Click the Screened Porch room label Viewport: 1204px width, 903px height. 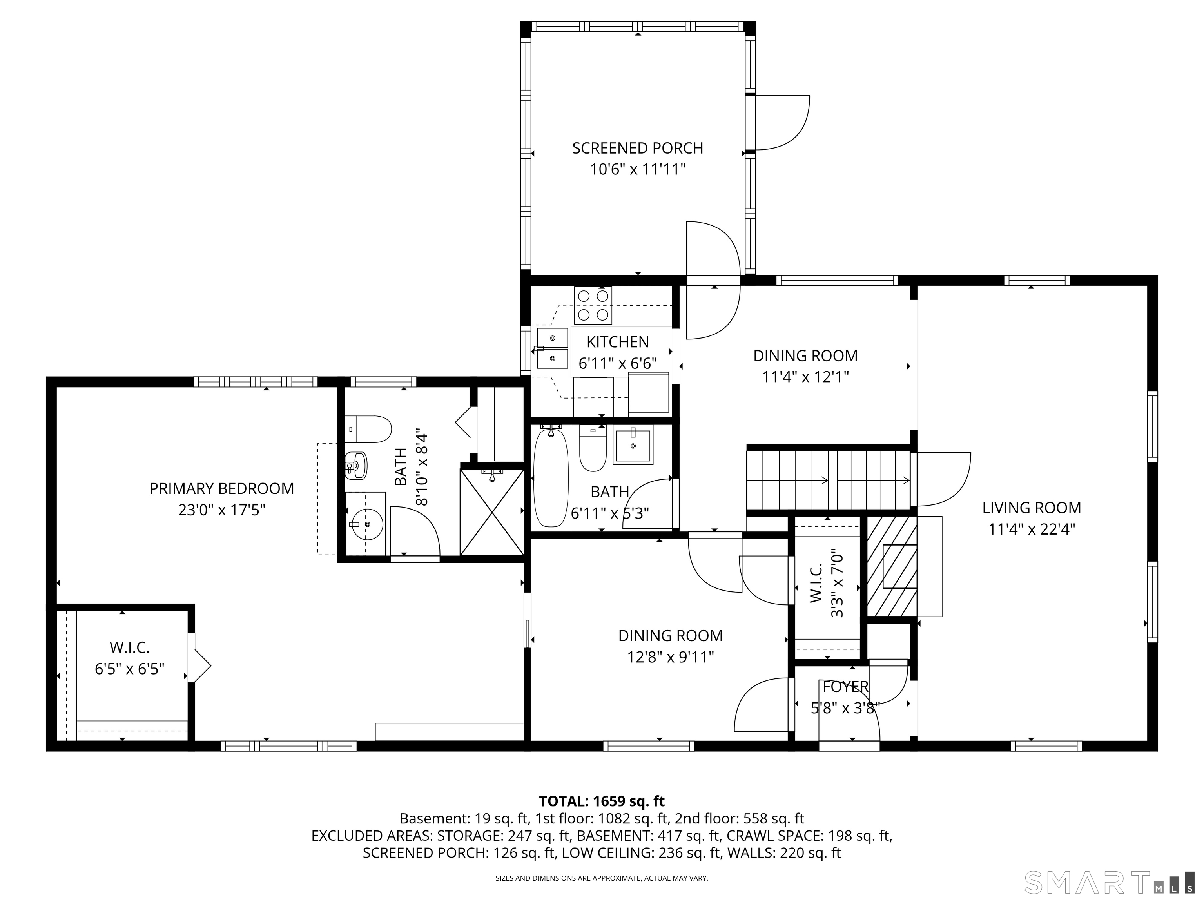pyautogui.click(x=637, y=148)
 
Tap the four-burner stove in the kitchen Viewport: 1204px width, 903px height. pyautogui.click(x=593, y=305)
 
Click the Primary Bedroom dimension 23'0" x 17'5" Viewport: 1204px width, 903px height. pyautogui.click(x=221, y=510)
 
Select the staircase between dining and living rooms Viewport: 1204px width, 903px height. pyautogui.click(x=827, y=481)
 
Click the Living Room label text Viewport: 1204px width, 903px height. pyautogui.click(x=1031, y=508)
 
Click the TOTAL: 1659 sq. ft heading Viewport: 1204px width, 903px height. pyautogui.click(x=602, y=801)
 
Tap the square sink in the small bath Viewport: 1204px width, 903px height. pyautogui.click(x=633, y=446)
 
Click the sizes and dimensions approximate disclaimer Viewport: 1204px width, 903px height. pyautogui.click(x=602, y=878)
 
